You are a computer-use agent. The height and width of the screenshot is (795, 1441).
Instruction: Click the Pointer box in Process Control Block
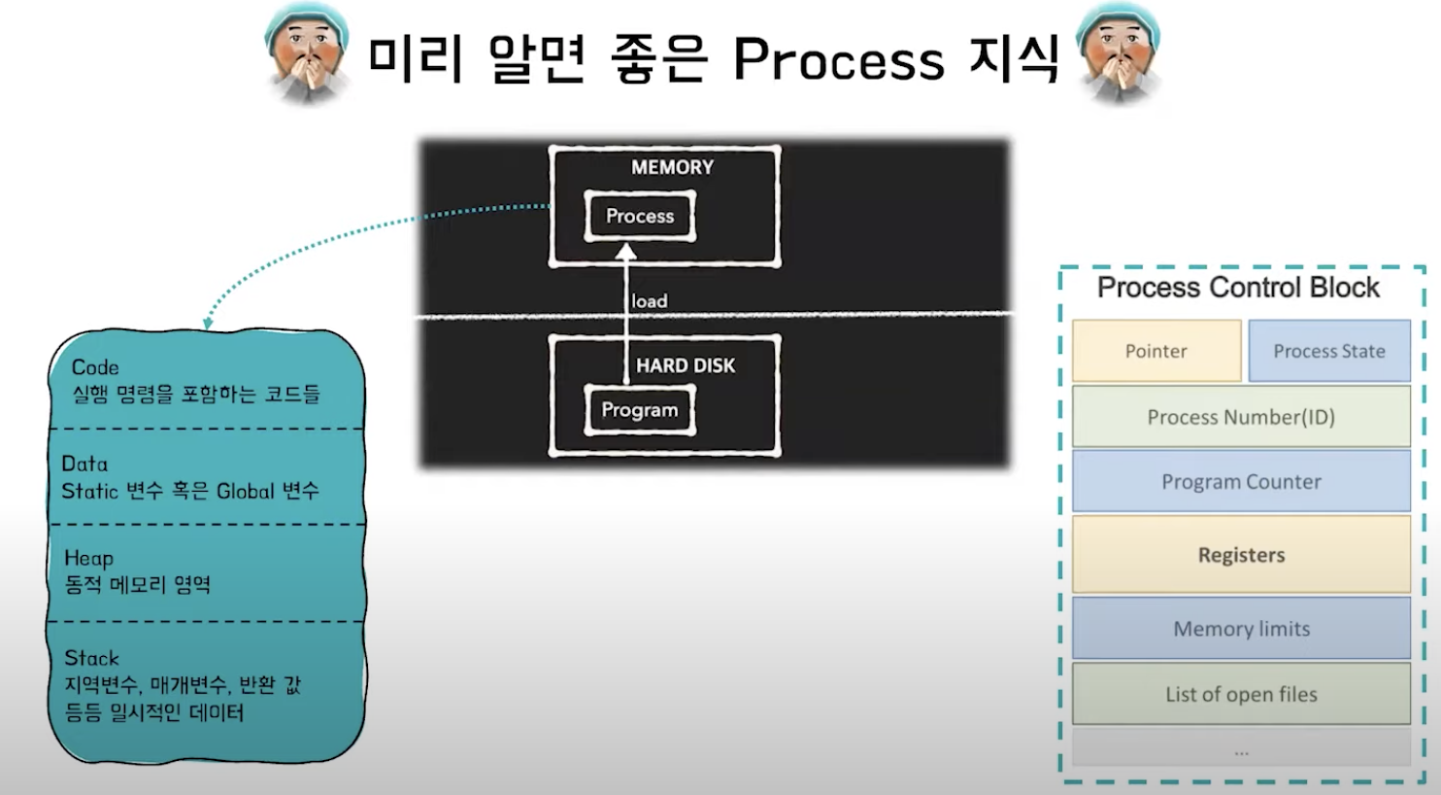point(1156,351)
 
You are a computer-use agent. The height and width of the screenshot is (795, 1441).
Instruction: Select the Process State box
point(1328,351)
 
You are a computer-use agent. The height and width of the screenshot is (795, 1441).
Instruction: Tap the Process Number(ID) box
point(1241,417)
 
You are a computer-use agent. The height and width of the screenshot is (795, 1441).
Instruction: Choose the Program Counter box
point(1241,482)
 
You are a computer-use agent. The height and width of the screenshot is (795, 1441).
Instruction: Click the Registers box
point(1241,555)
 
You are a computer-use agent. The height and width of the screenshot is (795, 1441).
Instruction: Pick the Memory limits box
point(1241,629)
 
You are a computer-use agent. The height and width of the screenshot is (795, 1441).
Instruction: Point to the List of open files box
point(1241,694)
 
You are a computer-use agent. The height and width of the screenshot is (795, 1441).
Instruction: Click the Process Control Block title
point(1238,288)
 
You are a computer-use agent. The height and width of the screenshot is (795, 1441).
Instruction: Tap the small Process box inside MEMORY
point(640,216)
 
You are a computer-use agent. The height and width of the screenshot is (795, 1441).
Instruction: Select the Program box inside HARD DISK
point(640,410)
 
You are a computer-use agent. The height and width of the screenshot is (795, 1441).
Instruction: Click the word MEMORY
point(672,167)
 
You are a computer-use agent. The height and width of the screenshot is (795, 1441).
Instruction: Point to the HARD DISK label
point(686,365)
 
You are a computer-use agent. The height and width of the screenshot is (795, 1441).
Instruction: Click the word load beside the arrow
point(650,301)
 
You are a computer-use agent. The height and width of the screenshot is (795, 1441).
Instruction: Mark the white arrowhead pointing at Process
point(626,252)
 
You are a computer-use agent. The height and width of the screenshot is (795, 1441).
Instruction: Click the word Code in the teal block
point(95,367)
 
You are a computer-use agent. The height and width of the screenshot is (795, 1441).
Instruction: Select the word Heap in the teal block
point(88,558)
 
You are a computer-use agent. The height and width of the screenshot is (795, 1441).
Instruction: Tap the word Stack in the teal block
point(91,658)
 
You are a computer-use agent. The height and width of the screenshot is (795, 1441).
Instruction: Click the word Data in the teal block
point(84,464)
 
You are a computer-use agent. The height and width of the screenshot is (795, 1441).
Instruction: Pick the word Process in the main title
point(838,60)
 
